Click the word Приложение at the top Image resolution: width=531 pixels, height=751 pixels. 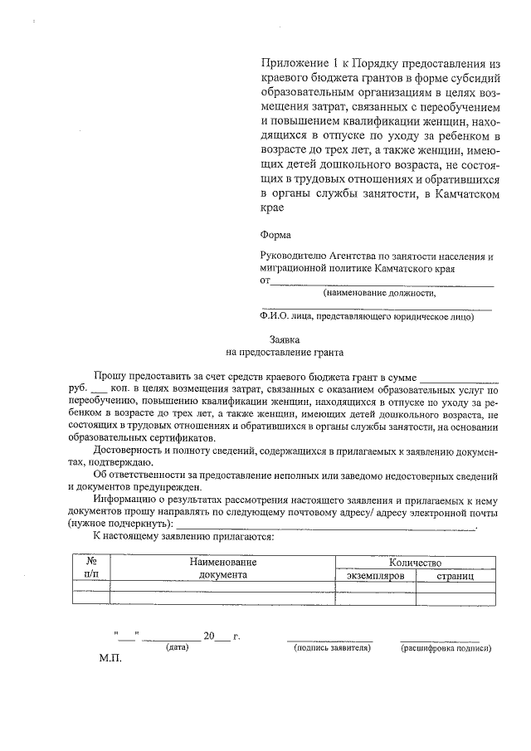(x=291, y=63)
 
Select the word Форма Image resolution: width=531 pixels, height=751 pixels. (x=275, y=235)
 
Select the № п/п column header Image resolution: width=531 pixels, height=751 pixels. (x=91, y=568)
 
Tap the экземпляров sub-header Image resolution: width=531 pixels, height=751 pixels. (x=375, y=575)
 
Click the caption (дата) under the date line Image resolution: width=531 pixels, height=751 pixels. (x=178, y=648)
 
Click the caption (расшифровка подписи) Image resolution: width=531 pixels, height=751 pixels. (x=446, y=648)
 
